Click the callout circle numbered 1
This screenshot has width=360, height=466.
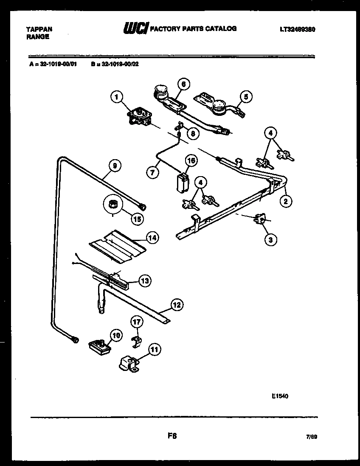tap(115, 98)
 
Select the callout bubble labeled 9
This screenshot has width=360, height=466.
tap(114, 166)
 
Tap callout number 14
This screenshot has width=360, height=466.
tap(152, 238)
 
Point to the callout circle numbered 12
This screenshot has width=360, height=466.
tap(177, 304)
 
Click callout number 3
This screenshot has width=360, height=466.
tap(270, 240)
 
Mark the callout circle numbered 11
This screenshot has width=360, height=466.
tap(154, 350)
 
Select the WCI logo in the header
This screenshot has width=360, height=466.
tap(135, 29)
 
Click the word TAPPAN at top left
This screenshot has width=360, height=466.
tap(39, 29)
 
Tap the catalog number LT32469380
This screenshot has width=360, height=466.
tap(297, 30)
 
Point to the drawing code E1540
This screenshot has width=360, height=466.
tap(280, 396)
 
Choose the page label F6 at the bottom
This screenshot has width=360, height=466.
tap(172, 436)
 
